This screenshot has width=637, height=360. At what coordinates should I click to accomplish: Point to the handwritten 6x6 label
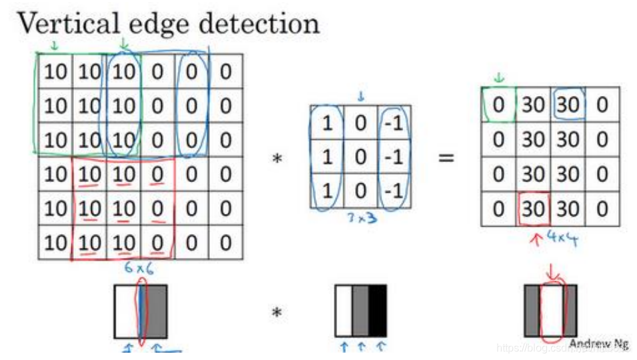(140, 268)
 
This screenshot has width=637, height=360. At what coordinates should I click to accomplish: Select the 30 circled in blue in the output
(568, 105)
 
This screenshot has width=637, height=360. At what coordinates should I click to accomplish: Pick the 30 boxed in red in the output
(534, 209)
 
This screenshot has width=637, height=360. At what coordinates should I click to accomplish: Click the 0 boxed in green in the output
(498, 105)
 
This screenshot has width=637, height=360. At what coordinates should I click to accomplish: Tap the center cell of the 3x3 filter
(360, 159)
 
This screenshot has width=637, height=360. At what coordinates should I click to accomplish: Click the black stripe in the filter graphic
(377, 311)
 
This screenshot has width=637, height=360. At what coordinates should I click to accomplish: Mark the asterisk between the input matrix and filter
(277, 159)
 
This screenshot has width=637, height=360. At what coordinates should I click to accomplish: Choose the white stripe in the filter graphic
(343, 311)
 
